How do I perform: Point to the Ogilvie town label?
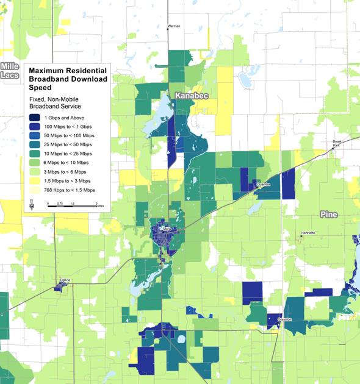click(65, 280)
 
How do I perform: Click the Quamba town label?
click(263, 183)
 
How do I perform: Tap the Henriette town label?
click(308, 233)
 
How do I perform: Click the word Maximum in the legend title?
click(49, 70)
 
